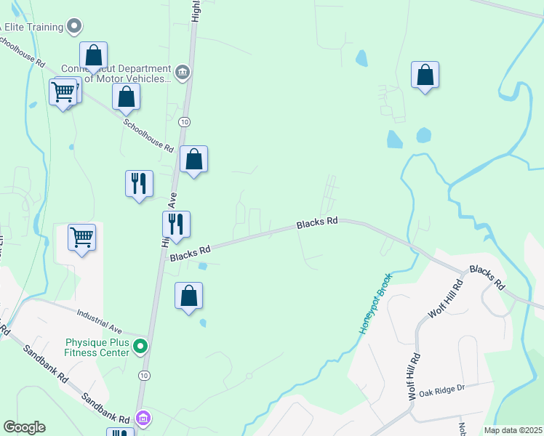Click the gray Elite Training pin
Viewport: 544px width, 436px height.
(x=73, y=28)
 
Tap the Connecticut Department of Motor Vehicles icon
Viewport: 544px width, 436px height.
(x=183, y=71)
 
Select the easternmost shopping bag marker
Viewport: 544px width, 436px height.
(x=425, y=76)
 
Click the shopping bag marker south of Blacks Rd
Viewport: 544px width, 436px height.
(x=188, y=296)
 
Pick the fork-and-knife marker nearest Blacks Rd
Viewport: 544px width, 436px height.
(x=175, y=225)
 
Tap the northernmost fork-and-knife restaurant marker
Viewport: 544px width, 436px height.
(x=139, y=185)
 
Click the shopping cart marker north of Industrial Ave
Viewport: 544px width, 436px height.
(x=81, y=238)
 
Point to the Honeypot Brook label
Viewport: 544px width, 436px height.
(x=376, y=304)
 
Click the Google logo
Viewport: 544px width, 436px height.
(x=24, y=427)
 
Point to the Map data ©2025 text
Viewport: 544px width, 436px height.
(x=512, y=430)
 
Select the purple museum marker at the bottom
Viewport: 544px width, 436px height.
(x=144, y=419)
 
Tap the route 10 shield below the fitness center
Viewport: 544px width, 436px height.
(x=145, y=375)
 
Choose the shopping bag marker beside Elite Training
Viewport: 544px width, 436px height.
(x=93, y=57)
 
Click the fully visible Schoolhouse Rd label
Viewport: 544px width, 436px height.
(x=148, y=135)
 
